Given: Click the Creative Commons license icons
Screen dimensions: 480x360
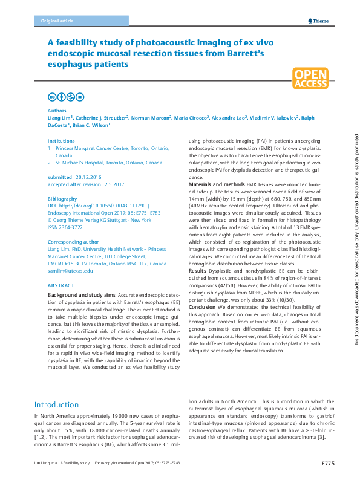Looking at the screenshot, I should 66,97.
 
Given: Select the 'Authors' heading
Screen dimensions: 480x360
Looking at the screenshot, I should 57,111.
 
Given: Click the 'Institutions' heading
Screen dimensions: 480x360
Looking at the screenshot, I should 62,140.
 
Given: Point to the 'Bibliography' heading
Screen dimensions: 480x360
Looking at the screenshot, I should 62,199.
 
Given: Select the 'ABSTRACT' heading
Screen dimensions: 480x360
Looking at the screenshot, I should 61,284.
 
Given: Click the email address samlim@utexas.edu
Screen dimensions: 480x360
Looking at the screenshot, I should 70,271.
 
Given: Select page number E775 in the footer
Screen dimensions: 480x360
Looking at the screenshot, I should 328,462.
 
